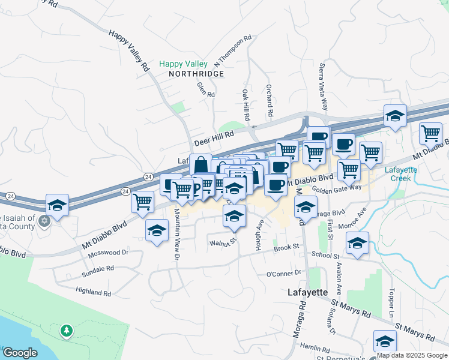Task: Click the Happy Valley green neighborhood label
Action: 183,64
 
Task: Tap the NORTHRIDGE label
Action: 196,74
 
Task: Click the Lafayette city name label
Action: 306,292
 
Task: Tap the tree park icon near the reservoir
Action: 66,331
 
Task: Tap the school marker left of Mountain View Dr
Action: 157,230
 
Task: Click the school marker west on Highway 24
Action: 57,205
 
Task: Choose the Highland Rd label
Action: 93,292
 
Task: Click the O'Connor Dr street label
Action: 283,274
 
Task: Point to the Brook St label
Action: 286,247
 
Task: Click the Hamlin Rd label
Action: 316,349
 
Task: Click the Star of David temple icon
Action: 43,221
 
